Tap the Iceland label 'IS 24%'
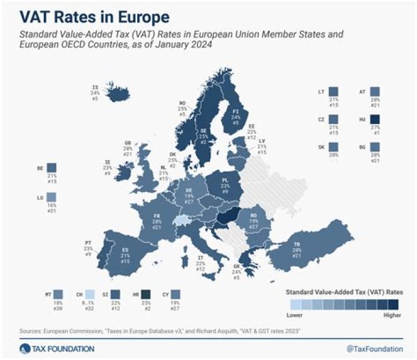click(95, 90)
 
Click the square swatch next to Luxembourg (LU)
click(53, 199)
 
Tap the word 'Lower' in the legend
click(295, 315)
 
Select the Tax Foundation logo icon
click(24, 348)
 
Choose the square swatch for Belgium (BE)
click(53, 168)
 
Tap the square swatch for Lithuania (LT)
click(332, 92)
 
